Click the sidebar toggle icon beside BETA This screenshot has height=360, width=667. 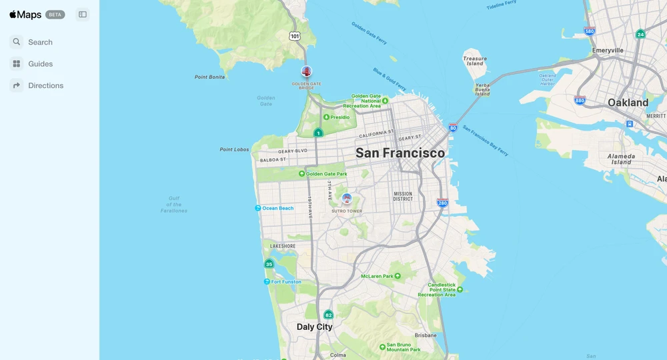coord(83,15)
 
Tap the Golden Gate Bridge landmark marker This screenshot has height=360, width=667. coord(306,71)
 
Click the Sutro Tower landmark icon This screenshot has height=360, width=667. coord(347,198)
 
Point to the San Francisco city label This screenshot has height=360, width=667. coord(400,153)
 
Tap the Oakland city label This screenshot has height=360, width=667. coord(628,103)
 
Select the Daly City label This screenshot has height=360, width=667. coord(314,327)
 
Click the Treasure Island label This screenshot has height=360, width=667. coord(475,61)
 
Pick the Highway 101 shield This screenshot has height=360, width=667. coord(295,36)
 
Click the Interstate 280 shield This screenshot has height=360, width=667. coord(442,203)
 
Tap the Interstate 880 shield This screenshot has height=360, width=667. coord(580,101)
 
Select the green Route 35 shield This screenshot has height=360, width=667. coord(269,264)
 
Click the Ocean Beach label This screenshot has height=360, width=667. coord(277,208)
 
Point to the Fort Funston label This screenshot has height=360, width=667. coord(285,282)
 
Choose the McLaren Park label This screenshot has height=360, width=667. coord(378,276)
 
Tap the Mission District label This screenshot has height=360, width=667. coord(403,196)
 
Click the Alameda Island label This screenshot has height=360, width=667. coord(621,159)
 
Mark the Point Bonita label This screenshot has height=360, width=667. coord(209,77)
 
